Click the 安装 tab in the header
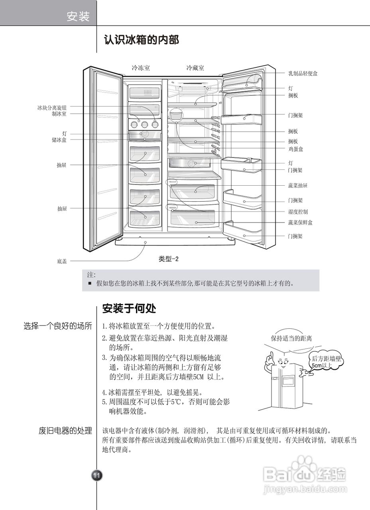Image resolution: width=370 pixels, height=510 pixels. tap(78, 17)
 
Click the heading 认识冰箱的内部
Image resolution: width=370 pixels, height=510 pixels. tap(141, 40)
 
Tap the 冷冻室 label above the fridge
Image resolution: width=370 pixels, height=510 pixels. tap(141, 68)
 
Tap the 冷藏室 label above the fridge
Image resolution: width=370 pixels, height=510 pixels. tap(195, 68)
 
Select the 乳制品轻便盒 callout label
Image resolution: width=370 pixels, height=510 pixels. tap(303, 74)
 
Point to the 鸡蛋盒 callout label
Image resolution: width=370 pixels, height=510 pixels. tap(295, 149)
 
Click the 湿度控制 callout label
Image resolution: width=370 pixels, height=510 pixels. tap(298, 212)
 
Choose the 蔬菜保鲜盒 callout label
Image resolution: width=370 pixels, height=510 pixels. tap(300, 222)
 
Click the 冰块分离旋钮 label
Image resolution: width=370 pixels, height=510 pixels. tap(52, 108)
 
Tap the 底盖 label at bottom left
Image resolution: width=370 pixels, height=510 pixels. tap(62, 261)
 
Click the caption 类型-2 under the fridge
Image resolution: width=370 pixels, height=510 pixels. tap(169, 259)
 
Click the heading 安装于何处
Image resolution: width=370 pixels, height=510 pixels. tap(129, 308)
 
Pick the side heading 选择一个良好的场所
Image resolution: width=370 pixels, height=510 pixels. tap(58, 326)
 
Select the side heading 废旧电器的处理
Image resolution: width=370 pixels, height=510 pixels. tap(65, 431)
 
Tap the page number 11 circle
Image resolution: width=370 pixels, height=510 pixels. tap(97, 475)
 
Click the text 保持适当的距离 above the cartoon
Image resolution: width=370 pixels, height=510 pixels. tap(291, 338)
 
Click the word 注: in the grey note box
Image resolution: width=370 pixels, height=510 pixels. tap(91, 275)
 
